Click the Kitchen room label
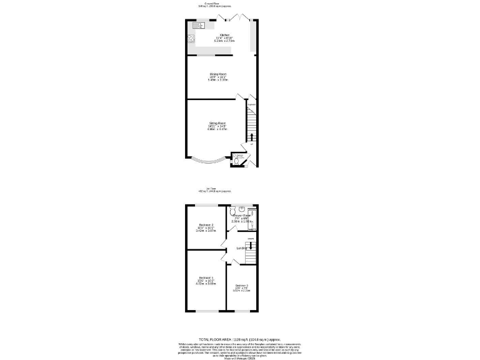[224, 35]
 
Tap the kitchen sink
[199, 26]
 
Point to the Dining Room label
[218, 74]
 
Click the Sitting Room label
[217, 123]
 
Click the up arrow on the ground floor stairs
[251, 137]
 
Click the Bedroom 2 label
[207, 225]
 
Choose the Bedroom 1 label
[207, 277]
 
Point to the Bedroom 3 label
[241, 286]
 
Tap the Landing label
[241, 249]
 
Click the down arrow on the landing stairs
[251, 246]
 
